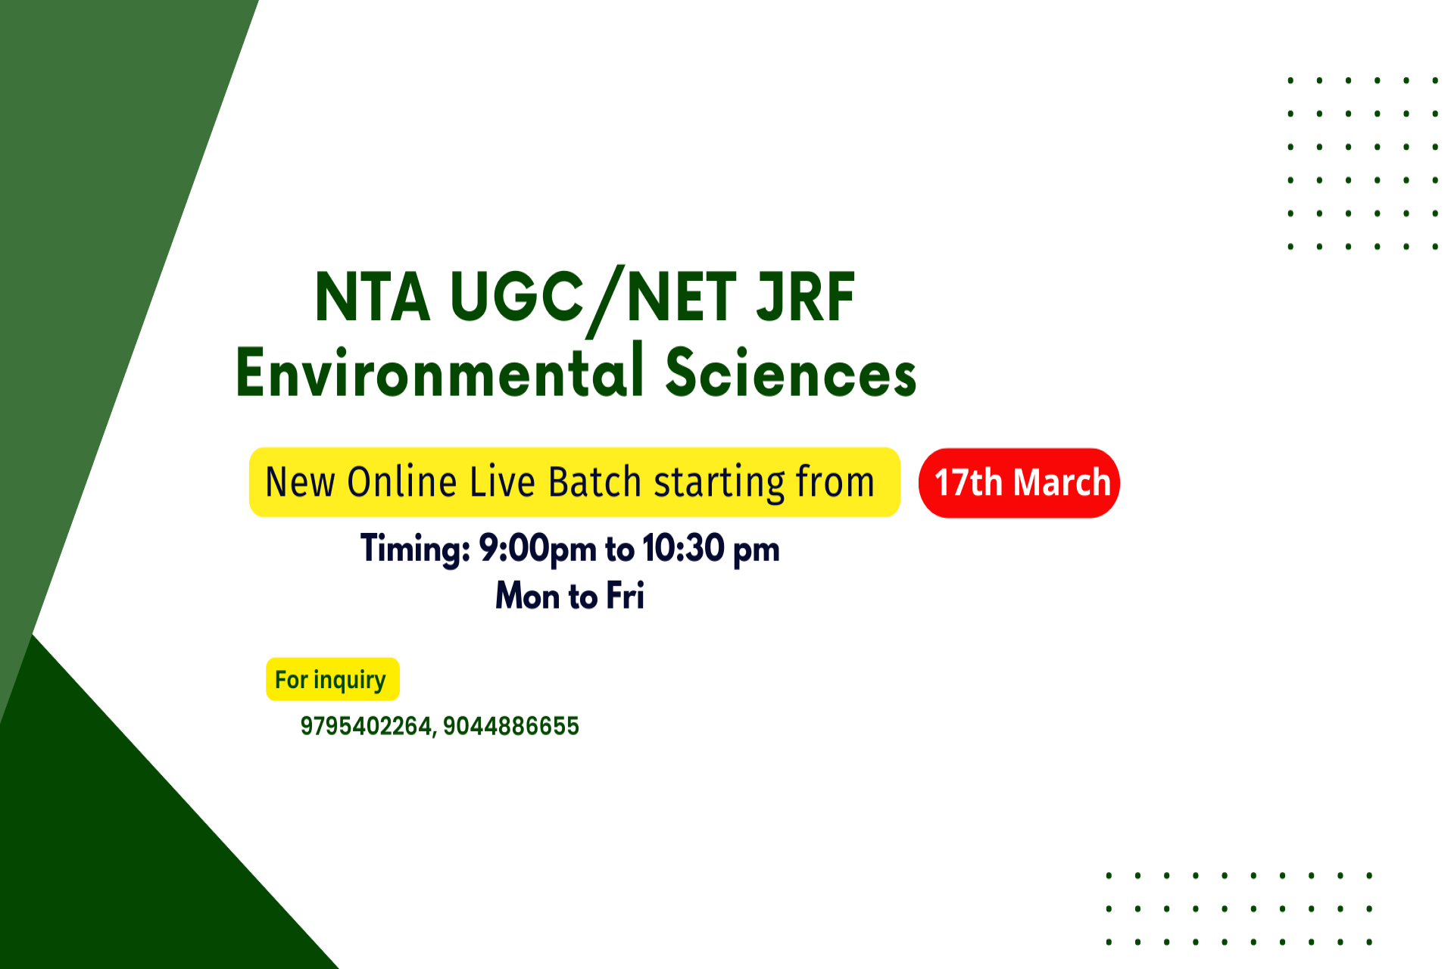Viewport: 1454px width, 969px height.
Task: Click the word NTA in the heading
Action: point(372,297)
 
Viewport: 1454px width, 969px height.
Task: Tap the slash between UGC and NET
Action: point(606,301)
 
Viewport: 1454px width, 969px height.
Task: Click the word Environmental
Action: point(440,370)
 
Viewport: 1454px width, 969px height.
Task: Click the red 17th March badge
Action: point(1019,483)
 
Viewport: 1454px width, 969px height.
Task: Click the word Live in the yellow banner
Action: point(502,482)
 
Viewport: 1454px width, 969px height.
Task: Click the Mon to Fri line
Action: point(570,596)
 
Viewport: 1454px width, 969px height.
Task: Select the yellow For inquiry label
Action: point(332,679)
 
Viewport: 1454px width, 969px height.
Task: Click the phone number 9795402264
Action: point(366,726)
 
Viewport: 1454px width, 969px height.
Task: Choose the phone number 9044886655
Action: point(511,726)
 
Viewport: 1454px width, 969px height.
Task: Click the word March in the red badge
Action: point(1062,483)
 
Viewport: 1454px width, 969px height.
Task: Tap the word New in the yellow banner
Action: point(300,482)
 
